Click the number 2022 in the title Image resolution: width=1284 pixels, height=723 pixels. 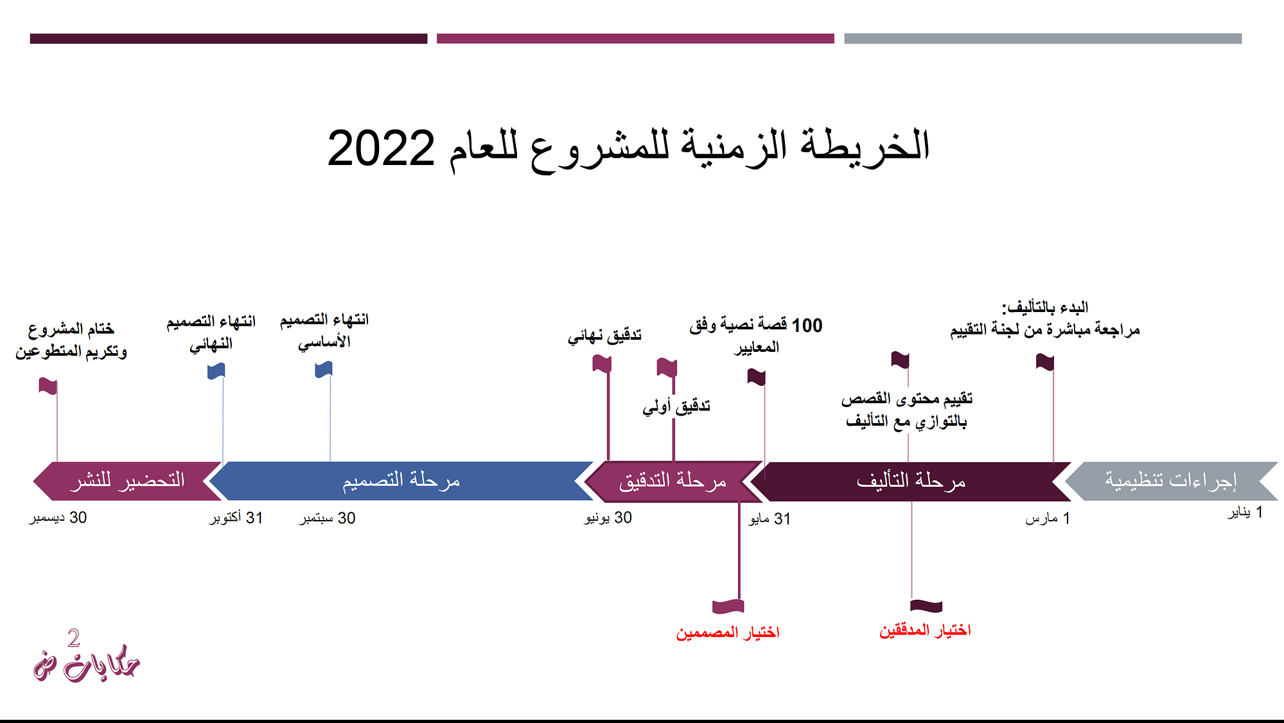click(x=381, y=148)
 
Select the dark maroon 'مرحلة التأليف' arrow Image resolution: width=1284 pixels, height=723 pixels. click(x=911, y=481)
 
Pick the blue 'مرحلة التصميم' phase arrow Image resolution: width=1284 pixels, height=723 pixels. click(x=401, y=480)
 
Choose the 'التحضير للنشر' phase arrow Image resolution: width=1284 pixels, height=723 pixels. click(x=127, y=480)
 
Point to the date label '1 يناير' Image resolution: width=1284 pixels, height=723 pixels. click(x=1245, y=512)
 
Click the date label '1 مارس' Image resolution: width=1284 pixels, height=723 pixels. click(x=1048, y=518)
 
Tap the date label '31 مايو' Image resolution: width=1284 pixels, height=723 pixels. click(x=770, y=519)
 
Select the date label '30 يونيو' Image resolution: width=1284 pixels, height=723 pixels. click(x=608, y=518)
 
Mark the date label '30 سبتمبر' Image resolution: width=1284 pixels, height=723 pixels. click(x=327, y=518)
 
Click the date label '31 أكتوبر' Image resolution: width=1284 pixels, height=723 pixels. click(x=236, y=518)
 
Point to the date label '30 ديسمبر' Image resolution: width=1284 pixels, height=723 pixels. click(x=58, y=518)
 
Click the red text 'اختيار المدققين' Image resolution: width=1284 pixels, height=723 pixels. click(x=925, y=631)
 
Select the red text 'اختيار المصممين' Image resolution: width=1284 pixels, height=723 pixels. click(x=727, y=633)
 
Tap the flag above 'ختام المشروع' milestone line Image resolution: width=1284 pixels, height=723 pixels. click(x=48, y=386)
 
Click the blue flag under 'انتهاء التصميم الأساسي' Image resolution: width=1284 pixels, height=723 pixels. click(x=324, y=369)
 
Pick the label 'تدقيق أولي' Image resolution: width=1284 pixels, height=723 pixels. click(x=676, y=406)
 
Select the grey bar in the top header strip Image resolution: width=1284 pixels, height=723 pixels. click(x=1043, y=39)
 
